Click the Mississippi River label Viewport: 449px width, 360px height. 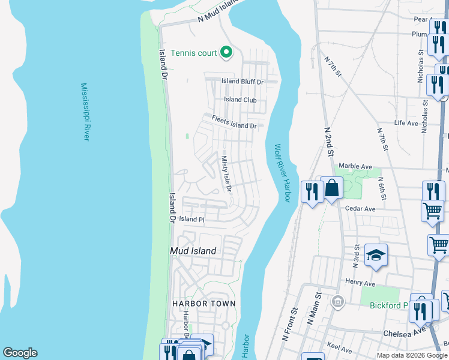click(85, 112)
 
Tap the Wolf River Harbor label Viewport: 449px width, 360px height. click(282, 173)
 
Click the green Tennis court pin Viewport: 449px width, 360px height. click(226, 53)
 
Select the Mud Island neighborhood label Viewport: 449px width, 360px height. click(193, 251)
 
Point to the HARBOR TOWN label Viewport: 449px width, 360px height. click(204, 304)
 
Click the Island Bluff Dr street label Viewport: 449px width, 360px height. click(243, 82)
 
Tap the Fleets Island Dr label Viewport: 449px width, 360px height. click(234, 122)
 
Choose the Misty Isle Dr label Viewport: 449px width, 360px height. click(226, 173)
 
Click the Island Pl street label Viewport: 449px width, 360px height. click(191, 220)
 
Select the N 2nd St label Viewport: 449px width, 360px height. click(328, 142)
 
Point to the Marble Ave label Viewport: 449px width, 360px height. click(355, 166)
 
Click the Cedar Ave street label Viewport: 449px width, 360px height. click(360, 209)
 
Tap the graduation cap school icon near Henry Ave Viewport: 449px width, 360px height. click(376, 255)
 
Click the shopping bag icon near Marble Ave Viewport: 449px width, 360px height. click(331, 188)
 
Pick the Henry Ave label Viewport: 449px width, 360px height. click(360, 281)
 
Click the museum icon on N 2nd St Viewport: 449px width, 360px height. click(338, 300)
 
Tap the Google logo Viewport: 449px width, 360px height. click(20, 353)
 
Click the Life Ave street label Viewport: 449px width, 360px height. click(406, 123)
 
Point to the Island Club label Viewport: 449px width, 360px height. click(240, 100)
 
